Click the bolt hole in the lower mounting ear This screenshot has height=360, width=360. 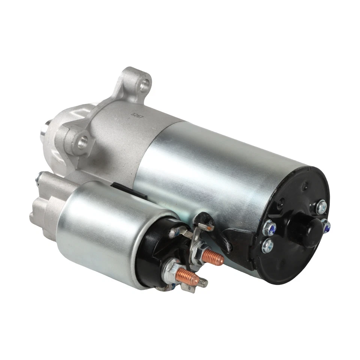pyautogui.click(x=82, y=142)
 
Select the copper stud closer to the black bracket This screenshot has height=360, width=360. pyautogui.click(x=213, y=258)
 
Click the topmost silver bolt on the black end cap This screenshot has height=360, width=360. pyautogui.click(x=321, y=207)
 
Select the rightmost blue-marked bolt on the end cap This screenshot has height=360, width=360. pyautogui.click(x=326, y=226)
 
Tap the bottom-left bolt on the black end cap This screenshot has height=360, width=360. pyautogui.click(x=267, y=246)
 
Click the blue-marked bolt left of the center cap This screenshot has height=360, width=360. pyautogui.click(x=269, y=228)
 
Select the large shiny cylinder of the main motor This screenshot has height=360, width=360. pyautogui.click(x=210, y=169)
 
